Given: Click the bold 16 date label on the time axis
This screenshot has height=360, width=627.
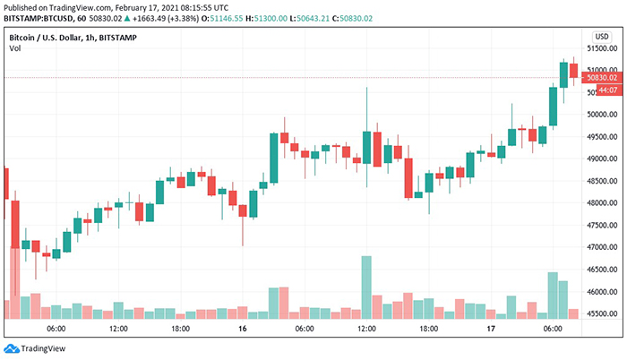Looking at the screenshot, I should click(x=242, y=330).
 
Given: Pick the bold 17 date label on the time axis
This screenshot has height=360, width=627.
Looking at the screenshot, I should click(x=491, y=330).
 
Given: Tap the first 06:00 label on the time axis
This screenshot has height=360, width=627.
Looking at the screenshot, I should click(x=56, y=330).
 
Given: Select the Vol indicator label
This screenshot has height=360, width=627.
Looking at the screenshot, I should click(x=15, y=51).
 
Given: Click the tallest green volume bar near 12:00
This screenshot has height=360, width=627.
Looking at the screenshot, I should click(x=366, y=287).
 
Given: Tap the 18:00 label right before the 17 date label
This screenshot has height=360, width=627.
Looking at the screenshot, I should click(x=428, y=330).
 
